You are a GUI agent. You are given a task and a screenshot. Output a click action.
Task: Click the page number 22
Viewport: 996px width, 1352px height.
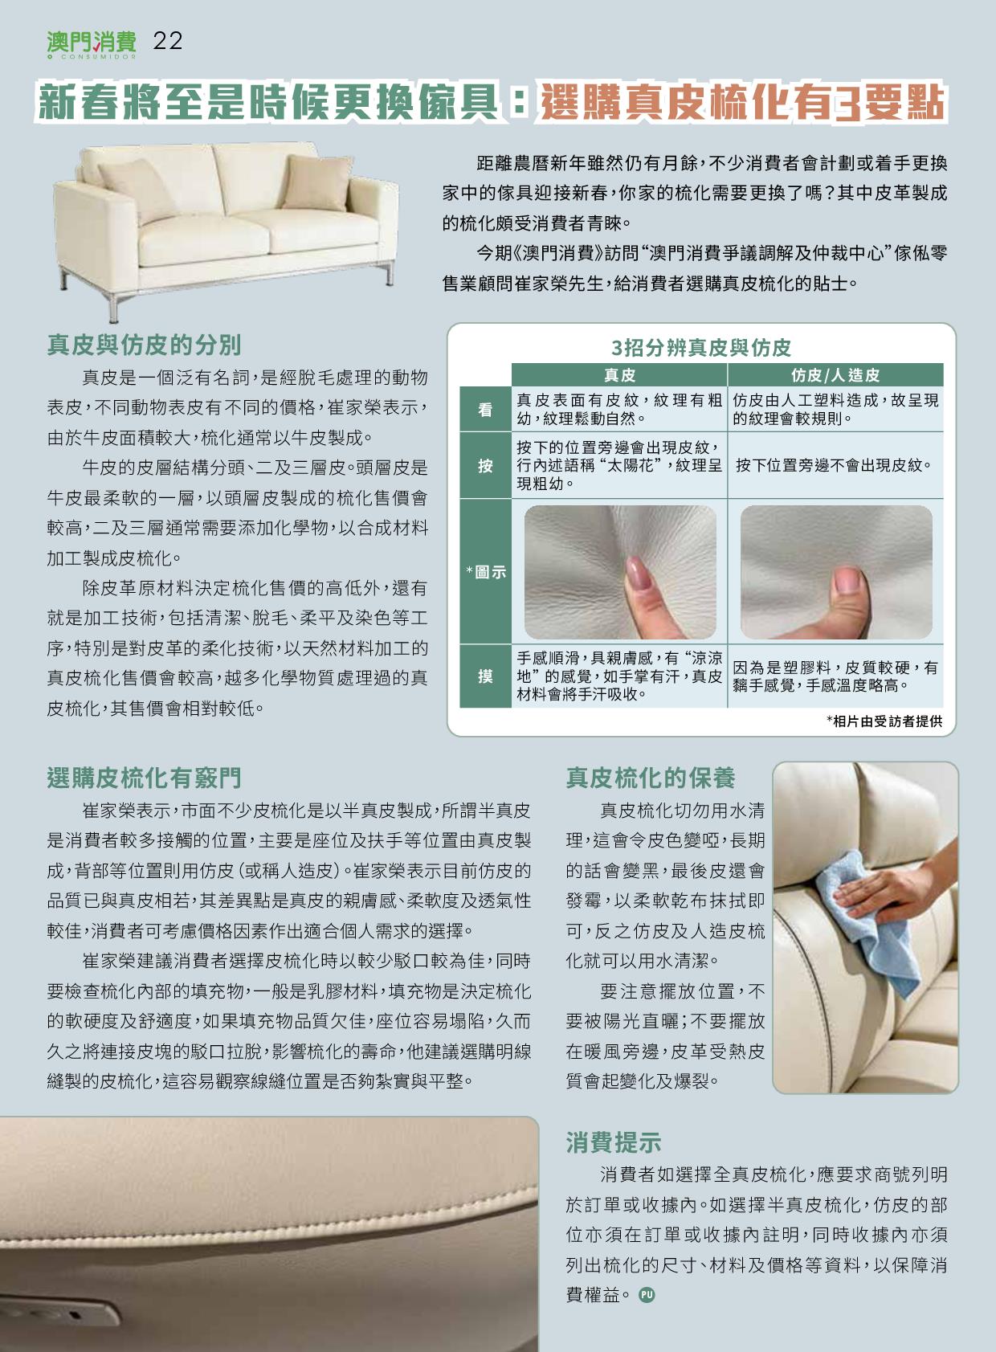pyautogui.click(x=168, y=41)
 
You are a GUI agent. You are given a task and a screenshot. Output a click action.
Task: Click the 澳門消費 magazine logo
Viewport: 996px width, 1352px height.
pyautogui.click(x=92, y=45)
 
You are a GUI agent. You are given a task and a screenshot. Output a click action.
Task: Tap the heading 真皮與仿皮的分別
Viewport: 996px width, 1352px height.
pyautogui.click(x=145, y=345)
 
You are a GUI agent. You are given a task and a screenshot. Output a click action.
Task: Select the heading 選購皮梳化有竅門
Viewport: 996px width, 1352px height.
pyautogui.click(x=145, y=778)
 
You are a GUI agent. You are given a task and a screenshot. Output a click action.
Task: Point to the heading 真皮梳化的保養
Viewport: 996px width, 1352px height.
pyautogui.click(x=651, y=778)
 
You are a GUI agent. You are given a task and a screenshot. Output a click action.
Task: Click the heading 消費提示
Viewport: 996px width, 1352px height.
pyautogui.click(x=614, y=1142)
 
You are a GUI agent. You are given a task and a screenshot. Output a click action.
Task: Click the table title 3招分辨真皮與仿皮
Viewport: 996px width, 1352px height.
pyautogui.click(x=701, y=348)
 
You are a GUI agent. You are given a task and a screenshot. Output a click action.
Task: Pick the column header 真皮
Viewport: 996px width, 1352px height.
pyautogui.click(x=620, y=375)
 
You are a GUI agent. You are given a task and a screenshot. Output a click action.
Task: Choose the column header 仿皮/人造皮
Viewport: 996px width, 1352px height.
pyautogui.click(x=835, y=375)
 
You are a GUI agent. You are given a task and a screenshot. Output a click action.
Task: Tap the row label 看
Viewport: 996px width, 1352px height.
pyautogui.click(x=485, y=410)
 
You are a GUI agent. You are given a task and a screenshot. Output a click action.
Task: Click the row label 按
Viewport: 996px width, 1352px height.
pyautogui.click(x=485, y=465)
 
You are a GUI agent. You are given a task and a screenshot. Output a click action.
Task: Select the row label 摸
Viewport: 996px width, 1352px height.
pyautogui.click(x=485, y=676)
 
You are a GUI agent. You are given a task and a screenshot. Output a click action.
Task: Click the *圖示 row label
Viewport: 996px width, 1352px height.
pyautogui.click(x=485, y=572)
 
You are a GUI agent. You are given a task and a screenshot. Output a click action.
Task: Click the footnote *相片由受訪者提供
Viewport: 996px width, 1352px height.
pyautogui.click(x=884, y=721)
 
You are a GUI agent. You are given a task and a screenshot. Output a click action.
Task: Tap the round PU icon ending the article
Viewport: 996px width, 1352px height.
pyautogui.click(x=647, y=1295)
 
